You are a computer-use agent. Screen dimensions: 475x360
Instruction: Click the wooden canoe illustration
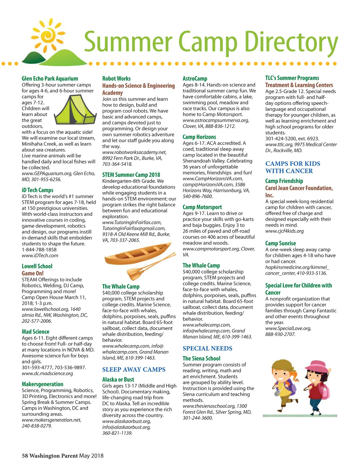coord(136,255)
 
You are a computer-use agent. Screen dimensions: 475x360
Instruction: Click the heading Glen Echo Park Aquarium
coord(50,79)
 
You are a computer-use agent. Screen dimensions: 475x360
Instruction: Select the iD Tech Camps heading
coord(37,190)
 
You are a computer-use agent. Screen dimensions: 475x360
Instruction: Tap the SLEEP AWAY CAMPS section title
coord(134,370)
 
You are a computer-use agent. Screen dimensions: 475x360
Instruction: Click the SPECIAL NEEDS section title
coord(207,349)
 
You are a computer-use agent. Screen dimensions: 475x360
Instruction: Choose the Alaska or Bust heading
coord(118,380)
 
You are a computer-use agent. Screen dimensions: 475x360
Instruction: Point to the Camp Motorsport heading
coord(202,207)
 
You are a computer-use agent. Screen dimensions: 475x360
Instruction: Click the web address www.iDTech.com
coord(40,256)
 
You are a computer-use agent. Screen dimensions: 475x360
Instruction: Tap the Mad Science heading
coord(35,332)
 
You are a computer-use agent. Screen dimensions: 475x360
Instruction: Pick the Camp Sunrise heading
coord(280,243)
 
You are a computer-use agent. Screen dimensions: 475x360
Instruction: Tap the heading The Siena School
coord(201,359)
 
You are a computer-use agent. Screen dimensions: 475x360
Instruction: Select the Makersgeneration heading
coord(42,384)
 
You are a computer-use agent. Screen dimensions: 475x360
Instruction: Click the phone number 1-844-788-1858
coord(39,250)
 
